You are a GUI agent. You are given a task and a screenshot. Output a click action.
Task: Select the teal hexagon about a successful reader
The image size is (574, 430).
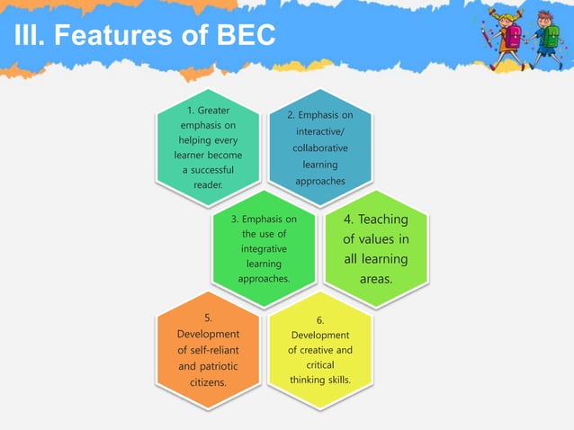pyautogui.click(x=208, y=148)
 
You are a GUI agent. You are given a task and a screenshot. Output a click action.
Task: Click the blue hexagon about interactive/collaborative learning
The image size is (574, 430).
pyautogui.click(x=320, y=148)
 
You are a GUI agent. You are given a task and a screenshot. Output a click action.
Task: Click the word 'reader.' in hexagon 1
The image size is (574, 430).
pyautogui.click(x=208, y=185)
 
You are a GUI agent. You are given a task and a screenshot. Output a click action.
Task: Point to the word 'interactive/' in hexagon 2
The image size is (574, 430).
pyautogui.click(x=320, y=131)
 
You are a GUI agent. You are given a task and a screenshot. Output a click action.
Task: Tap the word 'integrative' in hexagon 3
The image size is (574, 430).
pyautogui.click(x=264, y=248)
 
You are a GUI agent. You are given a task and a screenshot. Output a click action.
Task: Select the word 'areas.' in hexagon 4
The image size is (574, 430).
pyautogui.click(x=376, y=279)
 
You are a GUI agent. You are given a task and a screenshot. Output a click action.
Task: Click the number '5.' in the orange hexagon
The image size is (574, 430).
pyautogui.click(x=208, y=318)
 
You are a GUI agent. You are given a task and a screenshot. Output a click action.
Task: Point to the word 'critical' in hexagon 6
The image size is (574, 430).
pyautogui.click(x=320, y=365)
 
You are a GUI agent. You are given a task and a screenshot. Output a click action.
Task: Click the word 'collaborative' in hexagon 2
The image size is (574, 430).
pyautogui.click(x=320, y=148)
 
